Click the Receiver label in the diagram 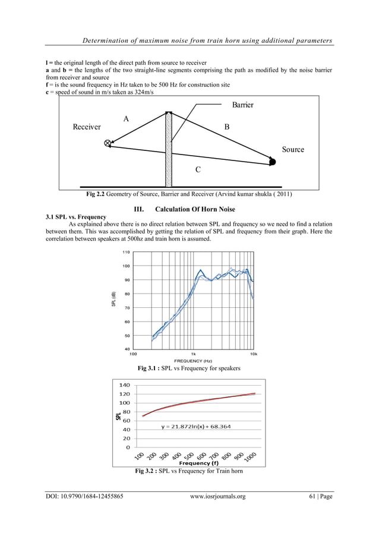(x=86, y=127)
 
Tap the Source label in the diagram (x=293, y=149)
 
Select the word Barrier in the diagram (x=242, y=105)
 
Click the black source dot (x=273, y=161)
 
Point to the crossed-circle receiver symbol (x=108, y=143)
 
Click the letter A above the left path (x=126, y=119)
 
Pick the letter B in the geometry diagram (x=226, y=127)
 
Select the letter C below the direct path (x=198, y=170)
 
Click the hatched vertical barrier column (x=169, y=149)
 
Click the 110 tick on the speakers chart (x=126, y=252)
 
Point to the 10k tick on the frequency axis (x=253, y=354)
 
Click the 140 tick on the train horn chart (x=124, y=385)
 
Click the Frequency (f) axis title (x=198, y=462)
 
